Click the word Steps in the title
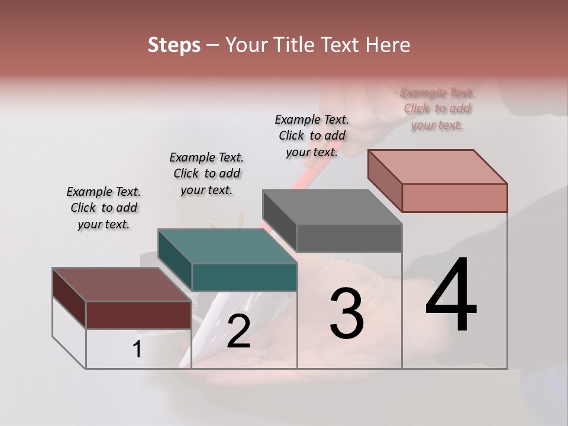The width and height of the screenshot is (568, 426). click(x=174, y=45)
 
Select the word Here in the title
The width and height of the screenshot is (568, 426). click(x=388, y=45)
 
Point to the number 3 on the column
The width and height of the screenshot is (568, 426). click(x=347, y=313)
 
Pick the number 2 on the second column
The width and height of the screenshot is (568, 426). click(x=238, y=331)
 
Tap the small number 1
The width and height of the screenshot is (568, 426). click(x=137, y=350)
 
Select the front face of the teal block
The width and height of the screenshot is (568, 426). click(x=244, y=277)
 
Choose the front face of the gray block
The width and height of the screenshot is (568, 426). click(x=349, y=238)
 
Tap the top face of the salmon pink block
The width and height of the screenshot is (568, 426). click(x=437, y=166)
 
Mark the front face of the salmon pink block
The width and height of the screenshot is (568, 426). click(x=454, y=198)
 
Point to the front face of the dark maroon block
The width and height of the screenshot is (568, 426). click(x=138, y=315)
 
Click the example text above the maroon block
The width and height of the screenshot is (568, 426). click(x=104, y=208)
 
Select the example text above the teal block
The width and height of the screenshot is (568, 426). click(x=206, y=173)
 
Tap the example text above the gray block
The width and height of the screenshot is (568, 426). click(x=312, y=135)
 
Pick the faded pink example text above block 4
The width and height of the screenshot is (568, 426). click(x=437, y=109)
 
